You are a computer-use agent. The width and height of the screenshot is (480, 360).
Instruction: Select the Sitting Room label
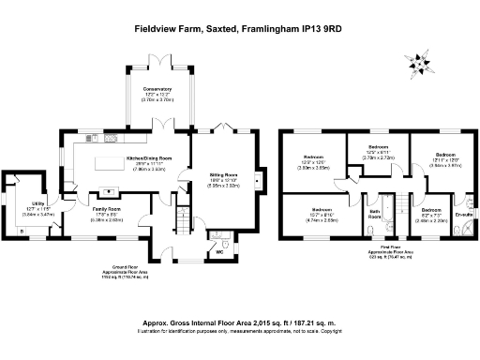tap(223, 175)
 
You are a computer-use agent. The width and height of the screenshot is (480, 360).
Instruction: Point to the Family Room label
tap(106, 209)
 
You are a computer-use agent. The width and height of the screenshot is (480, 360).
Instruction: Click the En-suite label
tap(463, 215)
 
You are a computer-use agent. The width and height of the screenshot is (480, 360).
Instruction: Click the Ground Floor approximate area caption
tap(126, 276)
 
